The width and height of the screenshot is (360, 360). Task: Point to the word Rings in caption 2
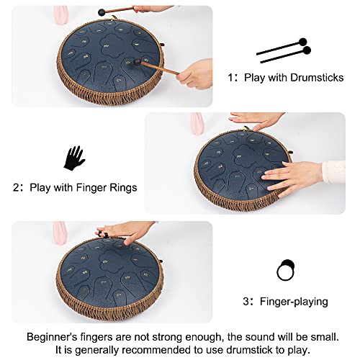tap(121, 188)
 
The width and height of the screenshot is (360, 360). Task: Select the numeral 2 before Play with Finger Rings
tap(17, 188)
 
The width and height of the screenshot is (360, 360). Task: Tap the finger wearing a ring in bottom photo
tap(104, 234)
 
